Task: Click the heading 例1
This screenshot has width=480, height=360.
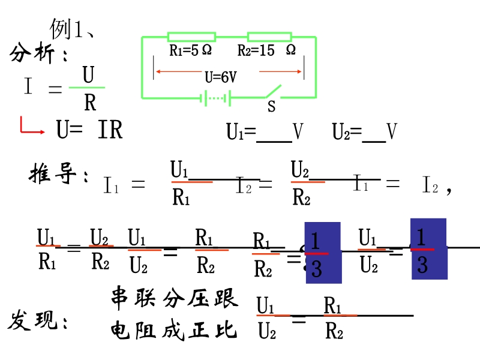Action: coord(71,28)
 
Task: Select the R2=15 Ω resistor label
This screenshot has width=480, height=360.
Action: coord(266,50)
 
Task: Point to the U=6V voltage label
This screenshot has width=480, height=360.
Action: coord(220,77)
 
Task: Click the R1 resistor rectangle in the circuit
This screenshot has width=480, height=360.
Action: coord(191,37)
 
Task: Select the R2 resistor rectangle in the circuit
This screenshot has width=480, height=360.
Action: coord(270,37)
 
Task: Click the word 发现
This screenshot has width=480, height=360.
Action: coord(37,322)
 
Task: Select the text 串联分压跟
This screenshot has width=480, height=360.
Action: coord(174,298)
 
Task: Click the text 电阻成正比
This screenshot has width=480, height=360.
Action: coord(174,330)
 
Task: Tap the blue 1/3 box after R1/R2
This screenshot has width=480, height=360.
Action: coord(322,252)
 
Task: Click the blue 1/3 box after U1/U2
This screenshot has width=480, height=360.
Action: coord(428,249)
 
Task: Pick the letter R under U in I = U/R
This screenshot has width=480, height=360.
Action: coord(90,103)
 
